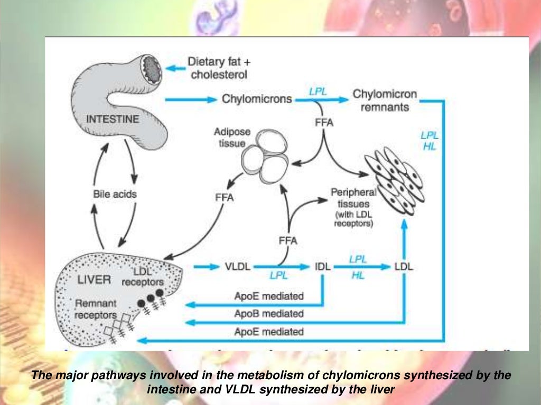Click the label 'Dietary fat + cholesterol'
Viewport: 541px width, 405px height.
click(x=219, y=69)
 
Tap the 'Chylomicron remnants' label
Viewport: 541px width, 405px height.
click(x=384, y=100)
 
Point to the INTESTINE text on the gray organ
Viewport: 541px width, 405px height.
click(x=113, y=120)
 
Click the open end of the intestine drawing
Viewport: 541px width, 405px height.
click(x=148, y=70)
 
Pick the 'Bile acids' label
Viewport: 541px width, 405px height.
click(x=115, y=194)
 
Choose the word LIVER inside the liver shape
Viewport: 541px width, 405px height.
click(x=94, y=279)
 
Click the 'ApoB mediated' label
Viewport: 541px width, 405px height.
click(x=269, y=314)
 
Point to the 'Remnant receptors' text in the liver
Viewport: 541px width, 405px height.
click(x=95, y=310)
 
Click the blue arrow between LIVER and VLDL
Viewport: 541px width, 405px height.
click(x=206, y=267)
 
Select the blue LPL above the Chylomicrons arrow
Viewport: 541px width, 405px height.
click(x=318, y=91)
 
